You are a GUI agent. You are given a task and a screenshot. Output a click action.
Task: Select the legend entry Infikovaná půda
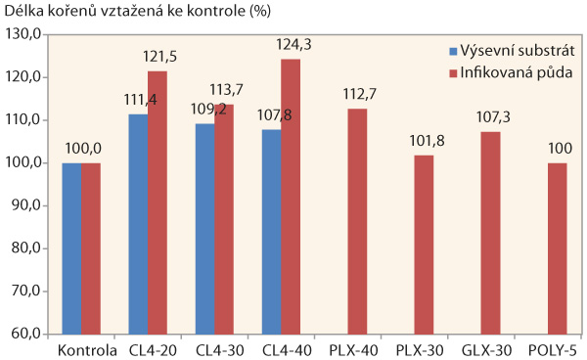click(x=517, y=71)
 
